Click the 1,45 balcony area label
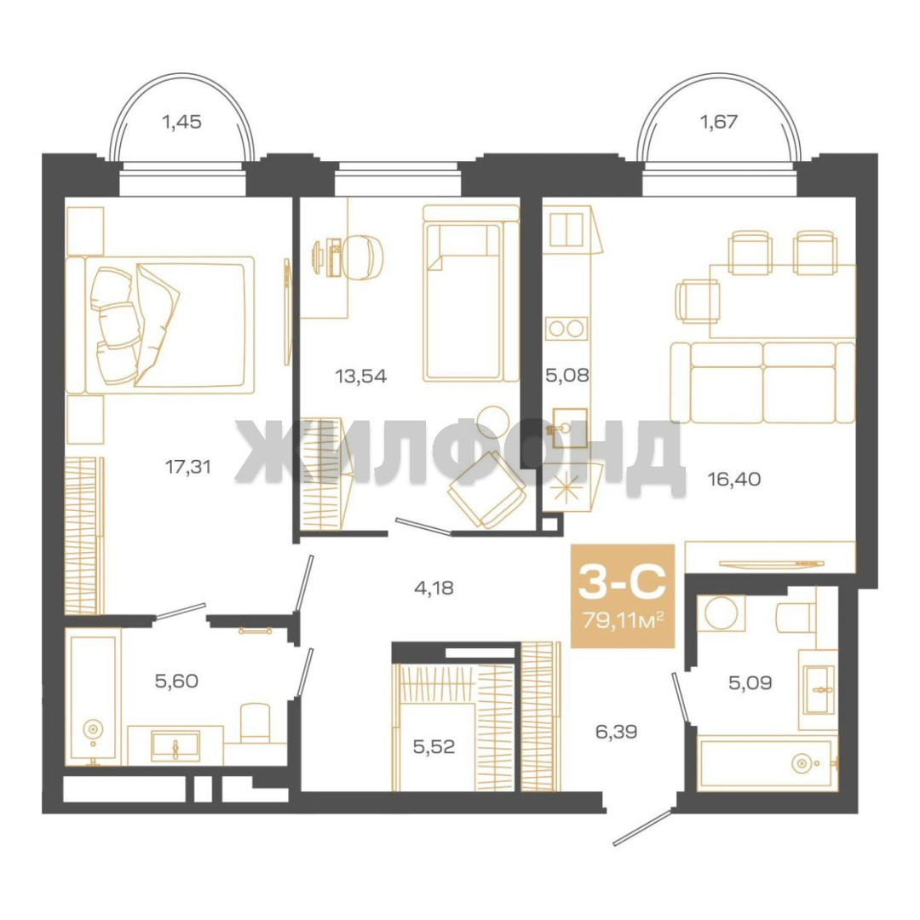tap(182, 122)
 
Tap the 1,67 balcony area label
tap(719, 122)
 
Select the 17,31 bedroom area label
tap(187, 468)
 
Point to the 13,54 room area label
tap(361, 377)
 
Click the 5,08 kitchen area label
tap(566, 375)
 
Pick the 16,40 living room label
tap(734, 480)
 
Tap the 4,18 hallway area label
tap(434, 588)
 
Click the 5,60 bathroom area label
tap(176, 681)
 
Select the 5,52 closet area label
tap(434, 747)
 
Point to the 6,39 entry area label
tap(616, 732)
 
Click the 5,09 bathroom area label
tap(750, 683)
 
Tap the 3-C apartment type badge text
tap(622, 583)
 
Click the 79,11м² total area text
tap(623, 619)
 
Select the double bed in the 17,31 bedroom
tap(160, 325)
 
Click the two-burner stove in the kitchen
tap(566, 328)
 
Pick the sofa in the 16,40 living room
tap(762, 382)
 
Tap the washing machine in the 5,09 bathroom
tap(722, 613)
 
